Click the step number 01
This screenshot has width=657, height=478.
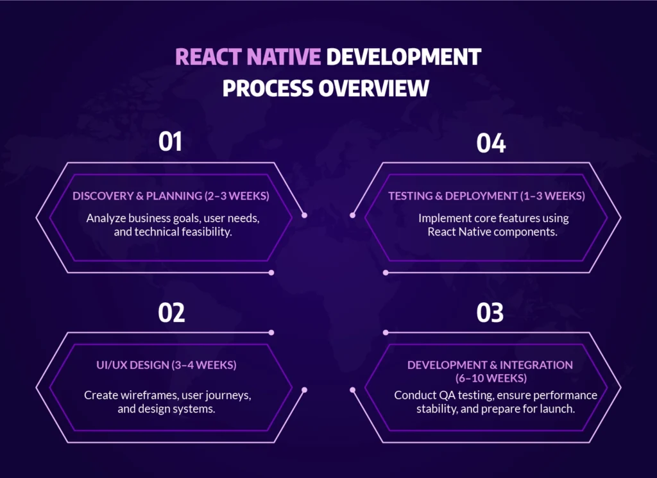171,142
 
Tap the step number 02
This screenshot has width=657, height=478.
171,312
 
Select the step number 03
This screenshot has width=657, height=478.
490,312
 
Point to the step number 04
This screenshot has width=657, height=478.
491,142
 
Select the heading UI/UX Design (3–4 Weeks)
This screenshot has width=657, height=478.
171,365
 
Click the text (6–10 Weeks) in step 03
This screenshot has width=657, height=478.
491,378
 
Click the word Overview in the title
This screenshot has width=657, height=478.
374,87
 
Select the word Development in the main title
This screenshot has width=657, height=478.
404,56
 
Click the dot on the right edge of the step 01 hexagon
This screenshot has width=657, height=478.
305,216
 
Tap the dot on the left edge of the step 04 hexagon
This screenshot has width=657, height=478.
352,216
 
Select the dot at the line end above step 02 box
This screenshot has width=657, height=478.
271,332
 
